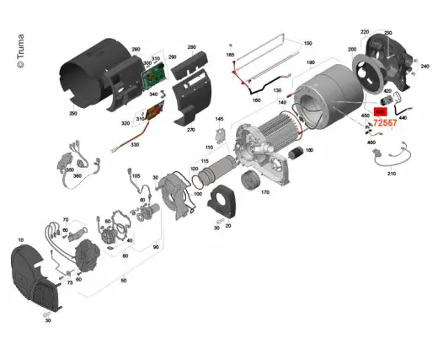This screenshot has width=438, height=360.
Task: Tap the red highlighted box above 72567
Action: tap(381, 109)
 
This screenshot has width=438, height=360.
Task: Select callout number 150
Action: tap(307, 43)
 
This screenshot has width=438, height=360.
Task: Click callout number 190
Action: tap(310, 63)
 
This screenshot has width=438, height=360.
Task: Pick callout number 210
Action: tap(390, 175)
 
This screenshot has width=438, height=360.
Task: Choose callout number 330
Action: tap(133, 144)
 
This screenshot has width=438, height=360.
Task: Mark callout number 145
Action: tap(219, 120)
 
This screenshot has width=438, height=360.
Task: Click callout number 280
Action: tap(191, 48)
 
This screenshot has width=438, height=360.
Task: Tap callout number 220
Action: tap(365, 31)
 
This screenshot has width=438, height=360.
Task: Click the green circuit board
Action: tap(155, 78)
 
